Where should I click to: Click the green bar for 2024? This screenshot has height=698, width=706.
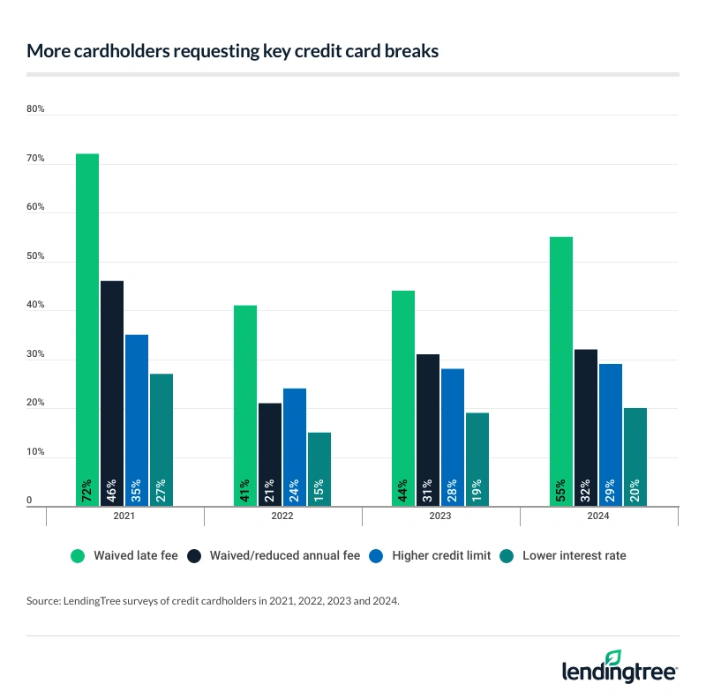[x=560, y=370]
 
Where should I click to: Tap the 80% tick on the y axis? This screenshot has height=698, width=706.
[x=36, y=110]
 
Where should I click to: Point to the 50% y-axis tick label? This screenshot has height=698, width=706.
[x=36, y=257]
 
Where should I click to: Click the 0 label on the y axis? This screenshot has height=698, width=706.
[x=30, y=501]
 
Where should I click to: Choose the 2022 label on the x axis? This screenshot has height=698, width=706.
[x=282, y=516]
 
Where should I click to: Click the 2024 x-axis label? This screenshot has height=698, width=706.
[x=598, y=516]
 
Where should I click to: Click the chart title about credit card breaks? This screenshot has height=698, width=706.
[x=233, y=51]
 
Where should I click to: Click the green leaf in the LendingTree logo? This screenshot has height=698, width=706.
[x=614, y=657]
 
